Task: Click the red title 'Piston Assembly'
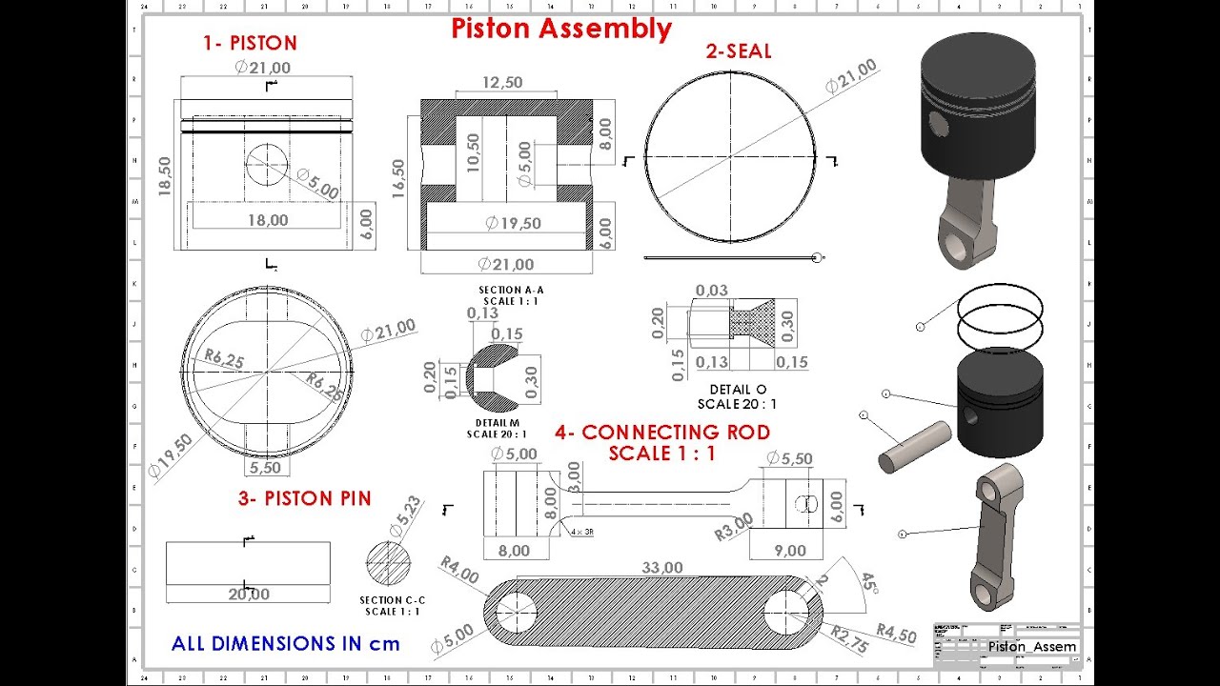pyautogui.click(x=561, y=29)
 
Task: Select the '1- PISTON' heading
pyautogui.click(x=250, y=43)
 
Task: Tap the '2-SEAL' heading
pyautogui.click(x=739, y=51)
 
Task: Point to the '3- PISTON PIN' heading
pyautogui.click(x=304, y=498)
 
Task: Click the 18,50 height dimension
pyautogui.click(x=165, y=175)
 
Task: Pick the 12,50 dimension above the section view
pyautogui.click(x=502, y=83)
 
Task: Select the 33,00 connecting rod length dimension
pyautogui.click(x=661, y=568)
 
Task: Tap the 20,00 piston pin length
pyautogui.click(x=248, y=595)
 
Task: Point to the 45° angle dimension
pyautogui.click(x=868, y=583)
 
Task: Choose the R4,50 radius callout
pyautogui.click(x=896, y=633)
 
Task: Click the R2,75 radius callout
pyautogui.click(x=849, y=639)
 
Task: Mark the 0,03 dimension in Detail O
pyautogui.click(x=711, y=291)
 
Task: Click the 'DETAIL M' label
pyautogui.click(x=497, y=423)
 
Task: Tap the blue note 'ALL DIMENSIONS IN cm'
pyautogui.click(x=286, y=644)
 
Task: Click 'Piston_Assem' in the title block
pyautogui.click(x=1031, y=647)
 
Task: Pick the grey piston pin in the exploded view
pyautogui.click(x=914, y=446)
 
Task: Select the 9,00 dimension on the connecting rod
pyautogui.click(x=790, y=551)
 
